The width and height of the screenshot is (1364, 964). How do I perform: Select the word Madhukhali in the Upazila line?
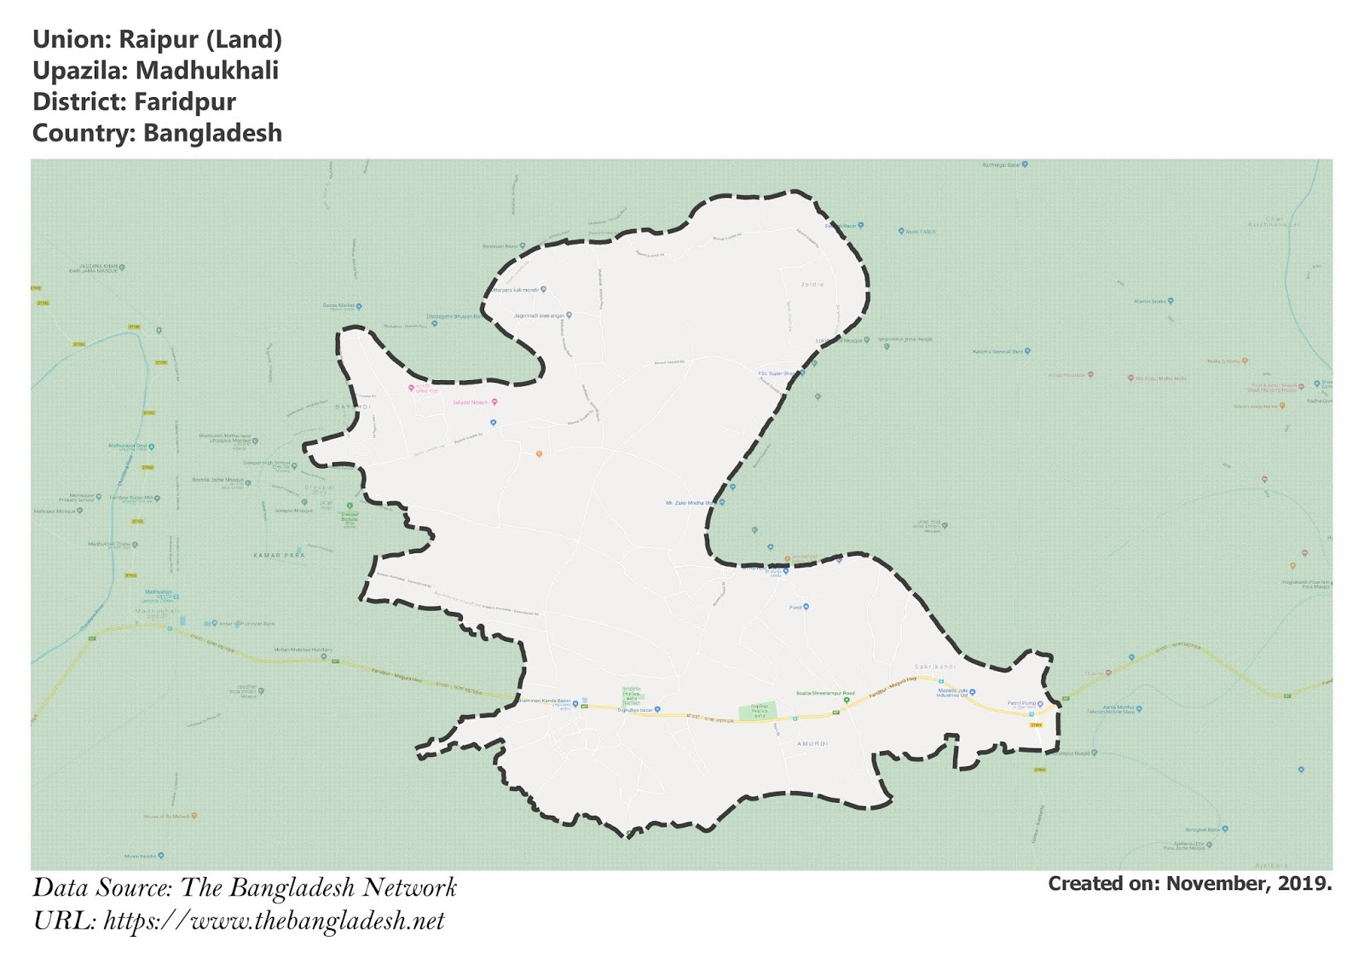[x=207, y=71]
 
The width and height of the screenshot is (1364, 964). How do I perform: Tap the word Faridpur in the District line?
[x=185, y=102]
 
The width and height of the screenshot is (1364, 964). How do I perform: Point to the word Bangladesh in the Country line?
[x=212, y=134]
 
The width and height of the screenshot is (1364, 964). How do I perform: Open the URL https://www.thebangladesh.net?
[x=274, y=921]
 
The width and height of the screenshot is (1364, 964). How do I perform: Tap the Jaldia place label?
[x=812, y=284]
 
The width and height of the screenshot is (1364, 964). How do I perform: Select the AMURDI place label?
[x=812, y=744]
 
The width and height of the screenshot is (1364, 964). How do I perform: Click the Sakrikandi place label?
[x=934, y=667]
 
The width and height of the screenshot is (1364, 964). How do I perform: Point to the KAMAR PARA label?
[x=279, y=555]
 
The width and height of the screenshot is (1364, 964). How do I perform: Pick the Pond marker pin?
[x=806, y=607]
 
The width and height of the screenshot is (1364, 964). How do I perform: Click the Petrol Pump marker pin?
[x=1040, y=704]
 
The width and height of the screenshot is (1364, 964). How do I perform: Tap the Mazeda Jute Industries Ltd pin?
[x=973, y=692]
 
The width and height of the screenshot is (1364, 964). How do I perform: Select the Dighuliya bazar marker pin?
[x=657, y=709]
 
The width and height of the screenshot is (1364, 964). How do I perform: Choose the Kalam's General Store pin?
[x=1028, y=351]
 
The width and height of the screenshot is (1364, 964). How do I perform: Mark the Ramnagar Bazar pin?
[x=1025, y=165]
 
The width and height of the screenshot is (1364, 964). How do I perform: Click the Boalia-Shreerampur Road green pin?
[x=847, y=700]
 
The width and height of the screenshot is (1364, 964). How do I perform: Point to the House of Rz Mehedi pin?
[x=194, y=816]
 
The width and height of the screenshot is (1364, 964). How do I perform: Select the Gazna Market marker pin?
[x=359, y=306]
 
